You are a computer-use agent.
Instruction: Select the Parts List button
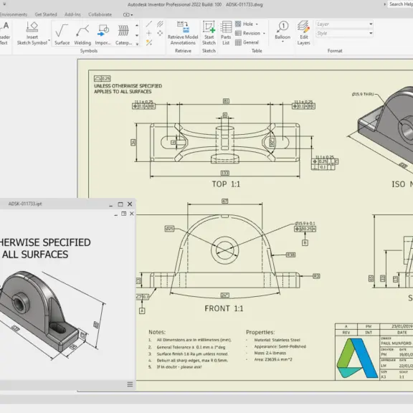click(x=226, y=32)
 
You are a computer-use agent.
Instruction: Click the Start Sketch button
click(x=209, y=32)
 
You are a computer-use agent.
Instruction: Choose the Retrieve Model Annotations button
click(x=182, y=32)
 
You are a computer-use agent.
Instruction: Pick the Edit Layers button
click(x=304, y=32)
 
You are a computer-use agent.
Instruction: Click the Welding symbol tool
click(x=83, y=33)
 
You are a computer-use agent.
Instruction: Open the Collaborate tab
click(x=100, y=14)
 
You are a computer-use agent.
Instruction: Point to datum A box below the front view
click(x=142, y=311)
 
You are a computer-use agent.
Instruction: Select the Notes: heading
click(x=157, y=332)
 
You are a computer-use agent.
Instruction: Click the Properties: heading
click(x=260, y=332)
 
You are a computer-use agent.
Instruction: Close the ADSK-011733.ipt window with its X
click(x=130, y=204)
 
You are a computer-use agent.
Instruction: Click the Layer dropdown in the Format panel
click(x=344, y=24)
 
